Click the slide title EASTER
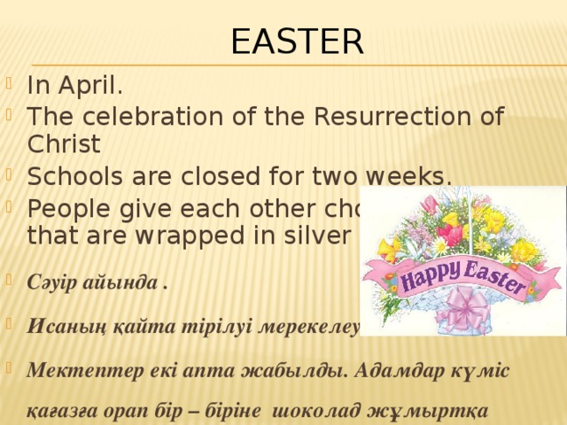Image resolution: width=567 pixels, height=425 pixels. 297,41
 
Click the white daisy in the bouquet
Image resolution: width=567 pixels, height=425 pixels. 440,245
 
